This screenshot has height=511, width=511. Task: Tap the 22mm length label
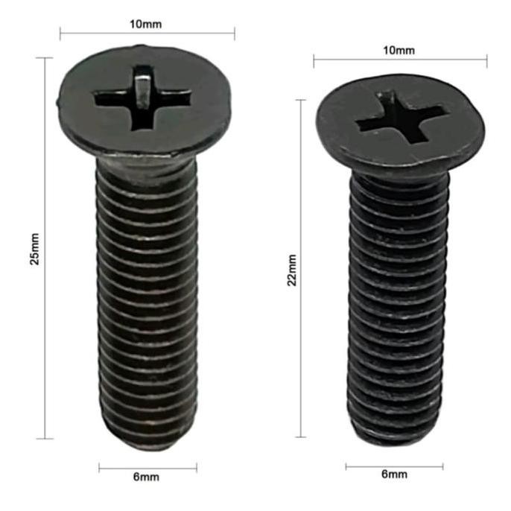click(292, 270)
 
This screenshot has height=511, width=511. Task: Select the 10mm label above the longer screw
click(147, 23)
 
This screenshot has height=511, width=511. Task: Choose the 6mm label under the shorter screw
click(394, 475)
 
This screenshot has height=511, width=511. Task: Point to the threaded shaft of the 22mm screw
click(393, 313)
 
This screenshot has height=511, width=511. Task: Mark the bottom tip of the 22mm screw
click(393, 440)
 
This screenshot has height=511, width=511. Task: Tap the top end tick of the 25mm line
click(46, 57)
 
